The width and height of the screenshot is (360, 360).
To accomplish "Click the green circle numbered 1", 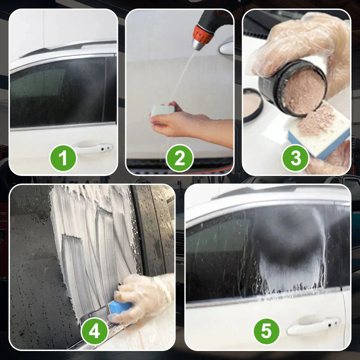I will click(63, 158).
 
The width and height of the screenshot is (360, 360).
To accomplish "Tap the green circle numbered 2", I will click(180, 158).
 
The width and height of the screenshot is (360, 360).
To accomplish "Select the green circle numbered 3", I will click(296, 158).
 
